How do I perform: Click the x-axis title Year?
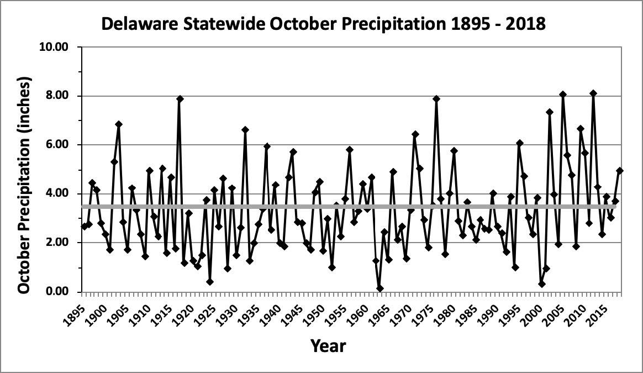pyautogui.click(x=328, y=346)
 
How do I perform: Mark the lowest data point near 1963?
pyautogui.click(x=380, y=288)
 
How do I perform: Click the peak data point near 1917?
pyautogui.click(x=180, y=99)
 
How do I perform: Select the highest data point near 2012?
pyautogui.click(x=593, y=93)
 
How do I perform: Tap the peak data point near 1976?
pyautogui.click(x=436, y=99)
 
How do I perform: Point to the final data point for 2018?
pyautogui.click(x=620, y=171)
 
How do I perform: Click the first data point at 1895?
pyautogui.click(x=85, y=227)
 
